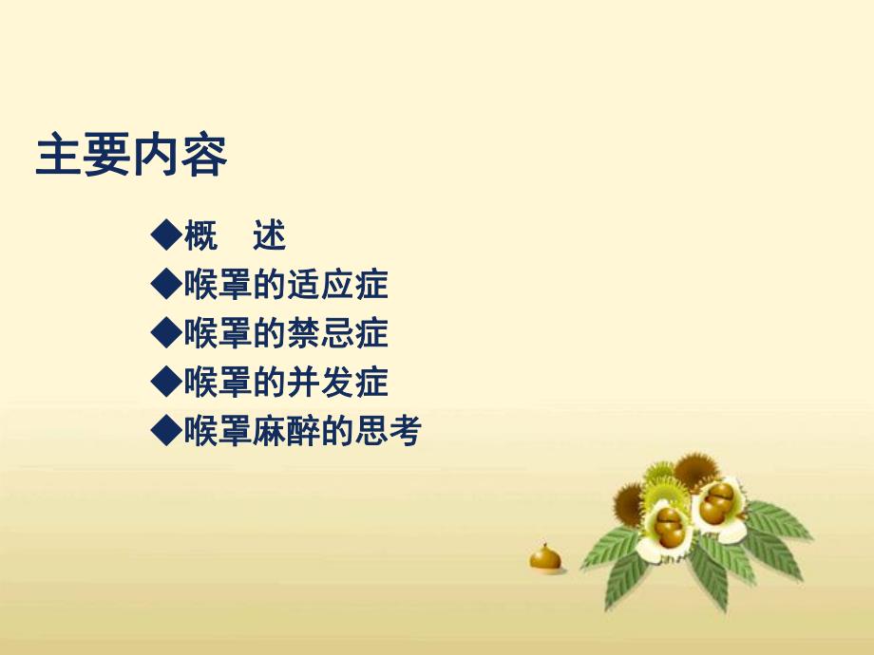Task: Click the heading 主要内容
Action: pyautogui.click(x=131, y=157)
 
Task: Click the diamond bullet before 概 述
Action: pyautogui.click(x=166, y=234)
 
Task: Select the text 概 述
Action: pyautogui.click(x=235, y=234)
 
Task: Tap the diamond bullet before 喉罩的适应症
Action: pyautogui.click(x=166, y=283)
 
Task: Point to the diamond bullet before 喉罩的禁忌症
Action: pyautogui.click(x=166, y=332)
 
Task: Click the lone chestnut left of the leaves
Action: pyautogui.click(x=544, y=557)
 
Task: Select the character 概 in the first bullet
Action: pyautogui.click(x=200, y=234)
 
